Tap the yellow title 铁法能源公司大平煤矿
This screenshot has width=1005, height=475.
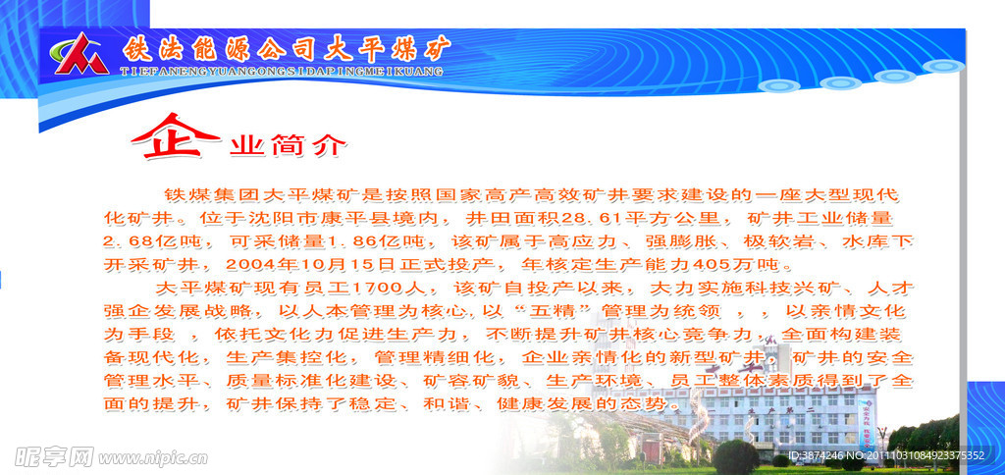click(x=287, y=48)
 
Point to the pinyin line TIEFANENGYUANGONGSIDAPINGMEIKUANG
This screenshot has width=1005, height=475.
click(x=281, y=72)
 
